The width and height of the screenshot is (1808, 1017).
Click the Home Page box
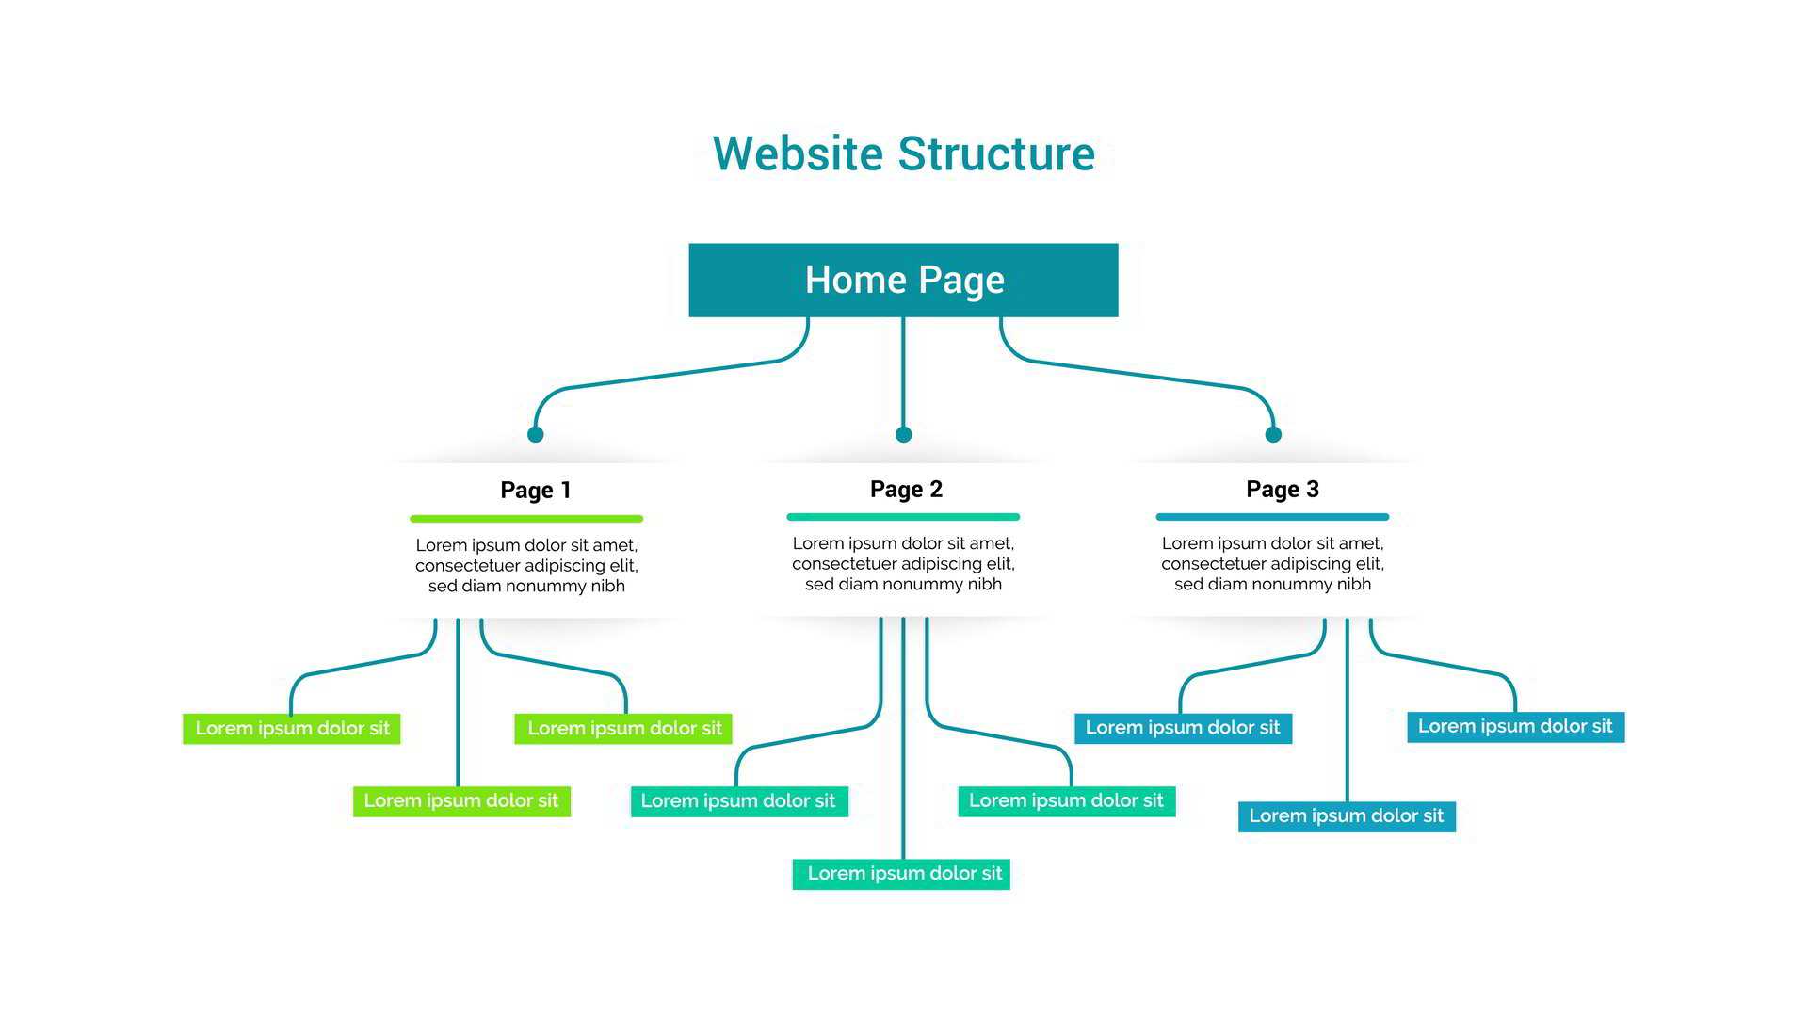tap(903, 280)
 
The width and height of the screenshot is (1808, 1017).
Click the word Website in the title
tap(797, 153)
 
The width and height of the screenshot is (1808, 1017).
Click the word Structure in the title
tap(996, 153)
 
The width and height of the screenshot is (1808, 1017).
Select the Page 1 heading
tap(535, 490)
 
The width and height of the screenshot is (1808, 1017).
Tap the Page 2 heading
tap(906, 489)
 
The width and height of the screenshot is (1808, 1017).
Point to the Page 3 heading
tap(1282, 489)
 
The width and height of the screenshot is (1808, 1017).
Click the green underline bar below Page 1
tap(526, 518)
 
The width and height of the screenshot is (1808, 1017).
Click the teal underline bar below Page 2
tap(903, 516)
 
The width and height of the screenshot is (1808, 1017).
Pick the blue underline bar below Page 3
tap(1272, 516)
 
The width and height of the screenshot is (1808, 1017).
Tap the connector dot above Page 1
tap(535, 434)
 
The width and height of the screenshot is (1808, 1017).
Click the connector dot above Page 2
tap(903, 434)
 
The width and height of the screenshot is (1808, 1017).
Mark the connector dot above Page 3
tap(1273, 434)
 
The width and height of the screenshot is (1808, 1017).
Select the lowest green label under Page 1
tap(461, 801)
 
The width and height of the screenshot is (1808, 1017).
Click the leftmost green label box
tap(292, 729)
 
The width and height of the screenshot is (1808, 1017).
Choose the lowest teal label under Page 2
tap(901, 874)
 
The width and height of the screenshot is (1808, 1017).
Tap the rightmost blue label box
tap(1515, 727)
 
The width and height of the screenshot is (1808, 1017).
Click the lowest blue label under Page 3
tap(1347, 816)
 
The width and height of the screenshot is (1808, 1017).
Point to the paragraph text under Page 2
tap(903, 563)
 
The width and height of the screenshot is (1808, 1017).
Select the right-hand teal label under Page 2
tap(1066, 801)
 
